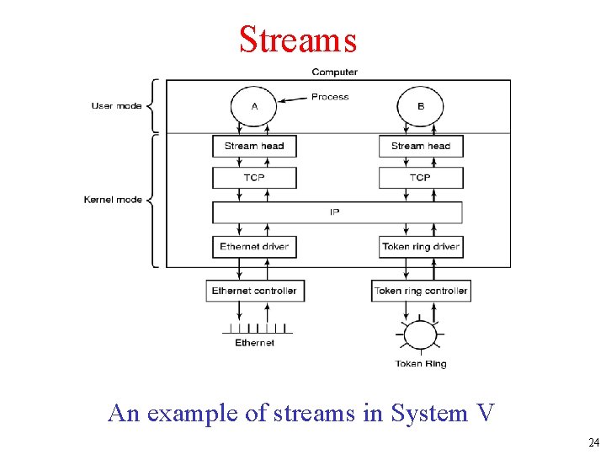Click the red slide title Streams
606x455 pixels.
tap(298, 40)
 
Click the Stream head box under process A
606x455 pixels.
tap(254, 146)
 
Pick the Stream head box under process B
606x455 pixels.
tap(421, 146)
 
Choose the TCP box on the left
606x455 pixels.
tap(254, 178)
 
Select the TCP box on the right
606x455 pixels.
tap(421, 178)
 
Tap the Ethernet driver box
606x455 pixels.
tap(254, 247)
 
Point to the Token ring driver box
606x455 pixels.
tap(421, 247)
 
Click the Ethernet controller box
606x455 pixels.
tap(254, 291)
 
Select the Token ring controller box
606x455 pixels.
tap(421, 291)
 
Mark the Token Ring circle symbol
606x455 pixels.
tap(421, 335)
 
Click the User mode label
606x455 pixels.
tap(116, 106)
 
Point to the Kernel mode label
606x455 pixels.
tap(113, 200)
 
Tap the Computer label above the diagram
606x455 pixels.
tap(334, 72)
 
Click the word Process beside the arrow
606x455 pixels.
tap(330, 97)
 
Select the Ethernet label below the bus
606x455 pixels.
tap(254, 343)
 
